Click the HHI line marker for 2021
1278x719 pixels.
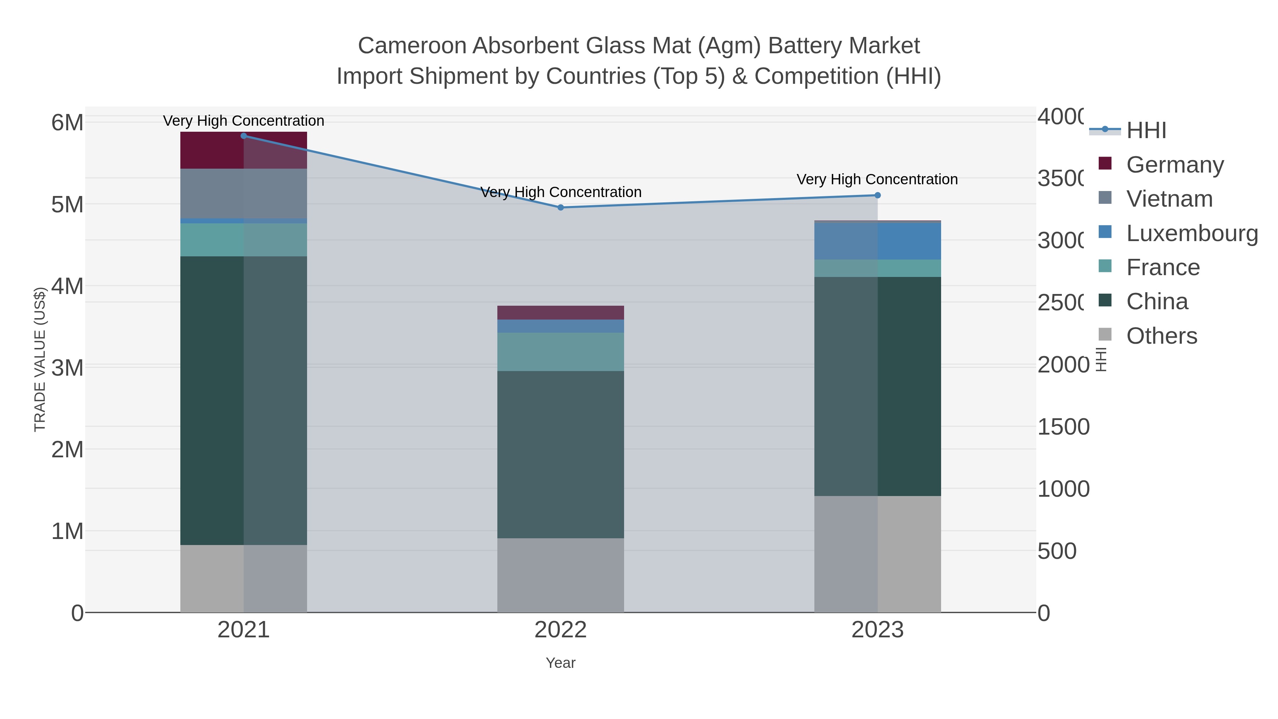point(244,136)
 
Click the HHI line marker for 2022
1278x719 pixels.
point(561,207)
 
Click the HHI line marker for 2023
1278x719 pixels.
point(877,196)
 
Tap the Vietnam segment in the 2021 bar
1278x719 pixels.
point(244,194)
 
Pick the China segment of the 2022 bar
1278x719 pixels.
point(561,454)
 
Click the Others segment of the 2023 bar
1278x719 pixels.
point(877,554)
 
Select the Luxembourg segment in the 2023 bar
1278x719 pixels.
point(877,241)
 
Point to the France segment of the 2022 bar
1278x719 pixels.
point(561,352)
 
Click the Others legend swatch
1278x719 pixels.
point(1105,335)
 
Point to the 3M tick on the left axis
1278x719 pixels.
point(67,368)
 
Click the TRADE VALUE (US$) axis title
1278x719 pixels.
point(40,359)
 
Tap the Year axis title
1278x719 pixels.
point(561,663)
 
